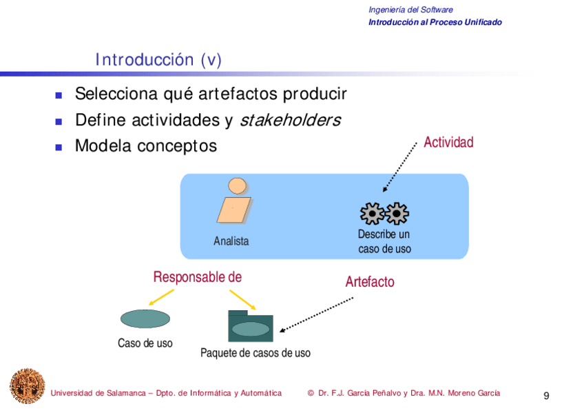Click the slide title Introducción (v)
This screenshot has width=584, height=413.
(x=158, y=60)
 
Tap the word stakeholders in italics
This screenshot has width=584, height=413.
(x=290, y=120)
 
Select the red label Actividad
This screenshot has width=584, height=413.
(x=448, y=143)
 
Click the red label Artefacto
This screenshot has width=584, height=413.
(x=370, y=282)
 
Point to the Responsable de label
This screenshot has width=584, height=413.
(x=197, y=277)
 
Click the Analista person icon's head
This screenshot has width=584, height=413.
(x=238, y=185)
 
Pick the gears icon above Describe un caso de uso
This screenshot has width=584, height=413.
(x=384, y=214)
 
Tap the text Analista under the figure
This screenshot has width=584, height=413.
(x=231, y=241)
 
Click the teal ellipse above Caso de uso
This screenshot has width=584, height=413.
(x=145, y=319)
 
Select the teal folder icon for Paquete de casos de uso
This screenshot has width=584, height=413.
(x=250, y=326)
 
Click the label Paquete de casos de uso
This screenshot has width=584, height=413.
(x=255, y=353)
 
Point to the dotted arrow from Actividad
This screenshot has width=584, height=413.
(x=400, y=167)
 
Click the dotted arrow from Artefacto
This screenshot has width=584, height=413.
(x=317, y=314)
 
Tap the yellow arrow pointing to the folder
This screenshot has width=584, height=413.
(x=242, y=299)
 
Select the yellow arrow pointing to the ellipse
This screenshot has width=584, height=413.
(x=161, y=297)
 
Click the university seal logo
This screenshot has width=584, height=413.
(x=27, y=385)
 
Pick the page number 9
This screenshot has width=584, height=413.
(x=546, y=396)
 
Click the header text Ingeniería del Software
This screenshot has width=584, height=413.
(x=410, y=10)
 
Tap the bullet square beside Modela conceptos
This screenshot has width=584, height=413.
(x=59, y=147)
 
